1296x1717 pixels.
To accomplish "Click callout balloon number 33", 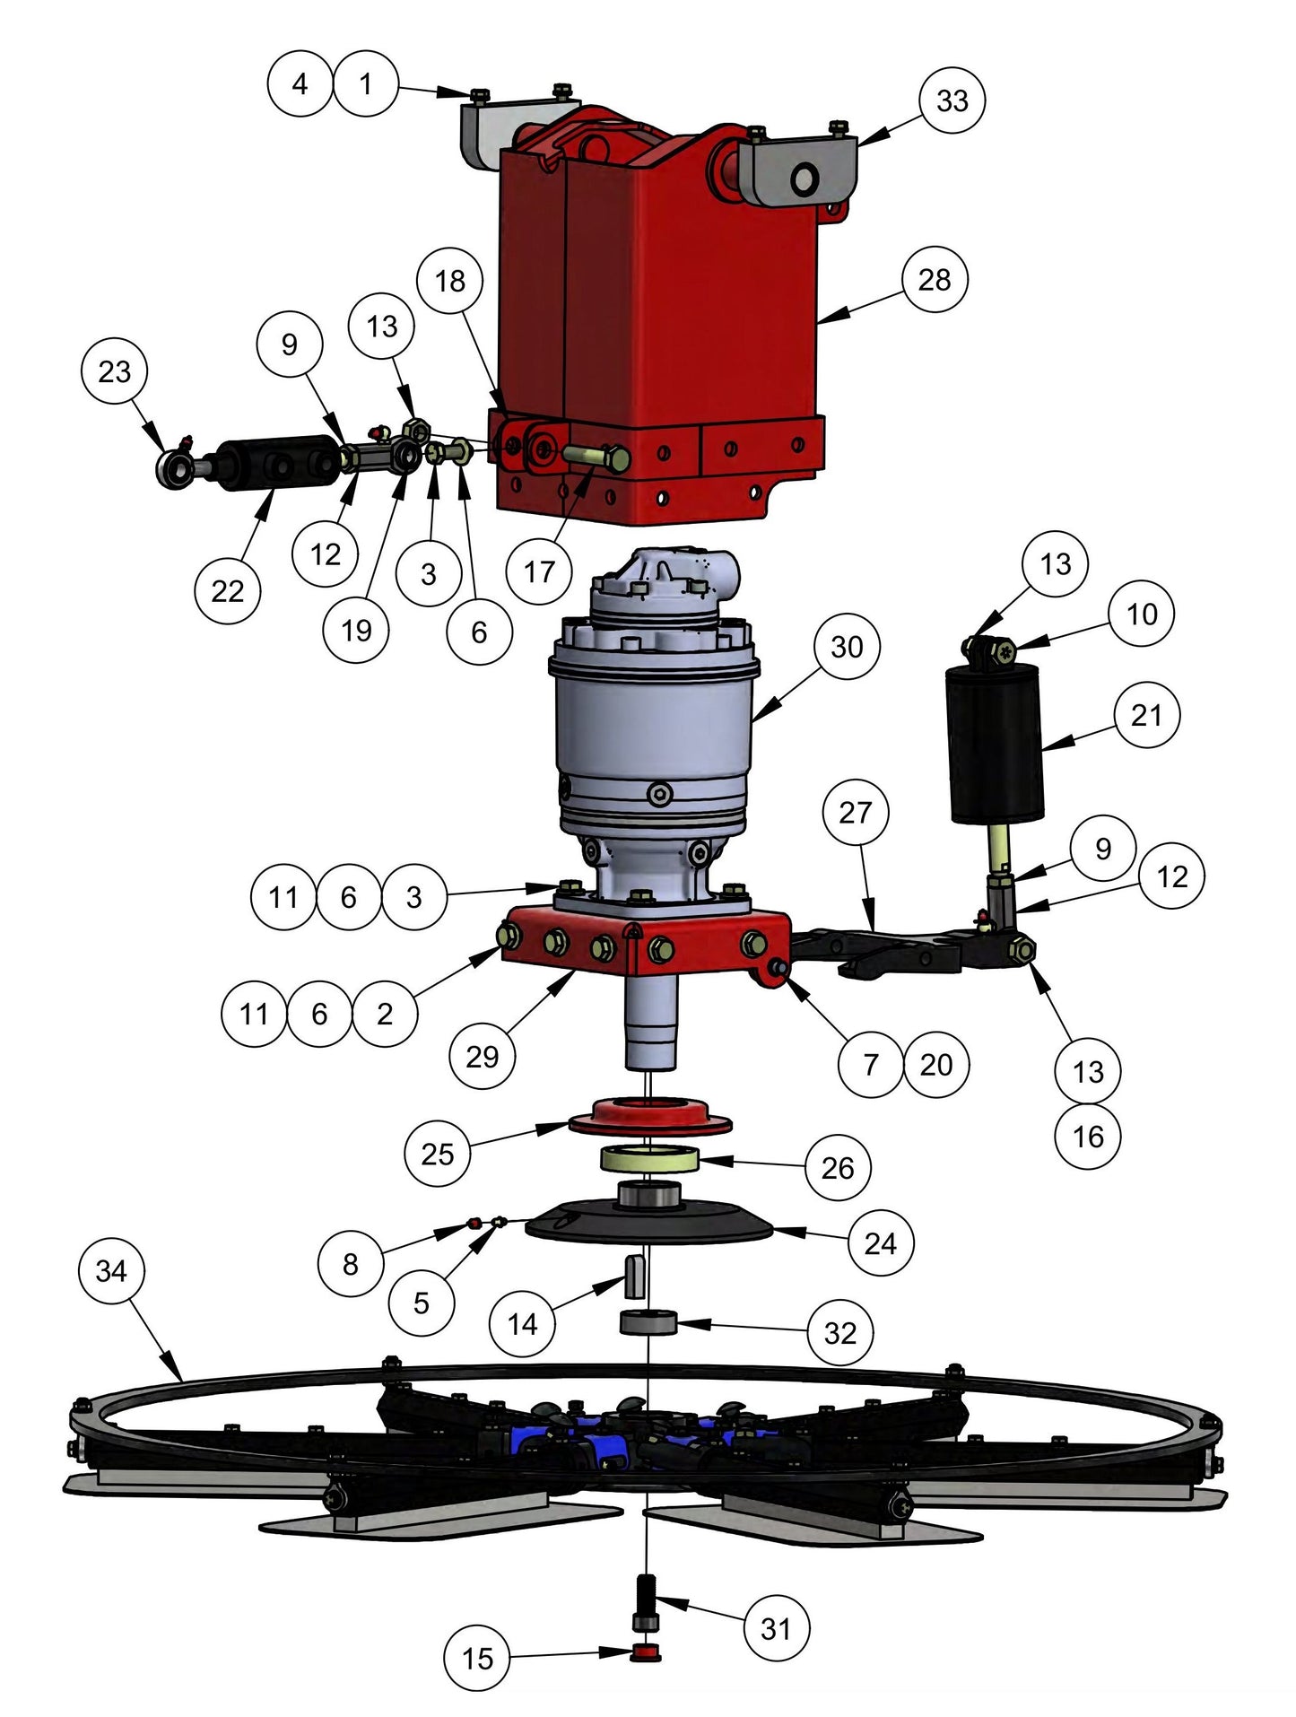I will pyautogui.click(x=952, y=100).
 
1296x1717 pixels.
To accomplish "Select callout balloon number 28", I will pyautogui.click(x=934, y=280).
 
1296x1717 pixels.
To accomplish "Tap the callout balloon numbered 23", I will pyautogui.click(x=114, y=371).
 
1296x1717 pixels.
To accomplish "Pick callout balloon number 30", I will pyautogui.click(x=846, y=647).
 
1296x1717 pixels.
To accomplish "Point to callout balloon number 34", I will pyautogui.click(x=110, y=1270).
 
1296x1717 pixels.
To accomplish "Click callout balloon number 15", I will pyautogui.click(x=477, y=1658).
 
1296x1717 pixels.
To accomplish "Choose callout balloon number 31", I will pyautogui.click(x=776, y=1627).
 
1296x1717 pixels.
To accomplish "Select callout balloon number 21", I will pyautogui.click(x=1146, y=715).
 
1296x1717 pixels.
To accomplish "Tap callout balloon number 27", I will pyautogui.click(x=855, y=813).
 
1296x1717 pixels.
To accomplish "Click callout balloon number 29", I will pyautogui.click(x=482, y=1056).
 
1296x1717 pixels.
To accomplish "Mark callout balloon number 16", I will pyautogui.click(x=1088, y=1137).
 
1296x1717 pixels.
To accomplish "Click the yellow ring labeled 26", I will pyautogui.click(x=649, y=1159).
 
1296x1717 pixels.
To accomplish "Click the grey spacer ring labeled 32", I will pyautogui.click(x=648, y=1322).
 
